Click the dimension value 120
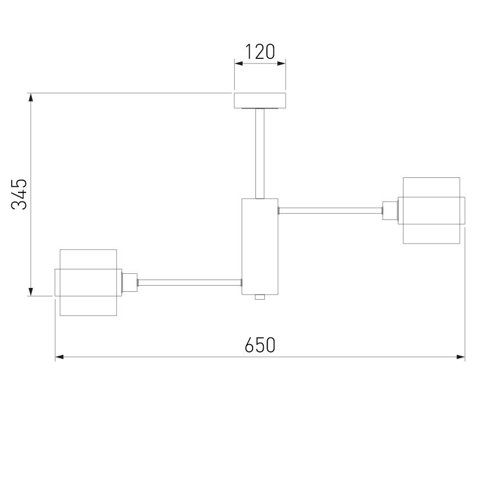[260, 52]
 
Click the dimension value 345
[20, 194]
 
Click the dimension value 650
[260, 345]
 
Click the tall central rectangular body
[260, 246]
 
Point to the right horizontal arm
[330, 211]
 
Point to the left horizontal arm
[190, 282]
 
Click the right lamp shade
[432, 211]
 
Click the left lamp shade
[88, 282]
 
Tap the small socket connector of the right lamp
[390, 211]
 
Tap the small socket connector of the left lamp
[130, 282]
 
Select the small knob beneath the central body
[259, 297]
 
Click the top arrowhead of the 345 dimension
[31, 97]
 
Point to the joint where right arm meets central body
[279, 211]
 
